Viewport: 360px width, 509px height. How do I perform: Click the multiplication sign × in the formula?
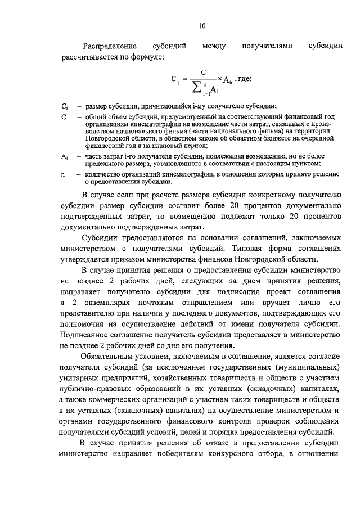(220, 80)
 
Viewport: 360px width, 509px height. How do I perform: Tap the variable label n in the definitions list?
(63, 175)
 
